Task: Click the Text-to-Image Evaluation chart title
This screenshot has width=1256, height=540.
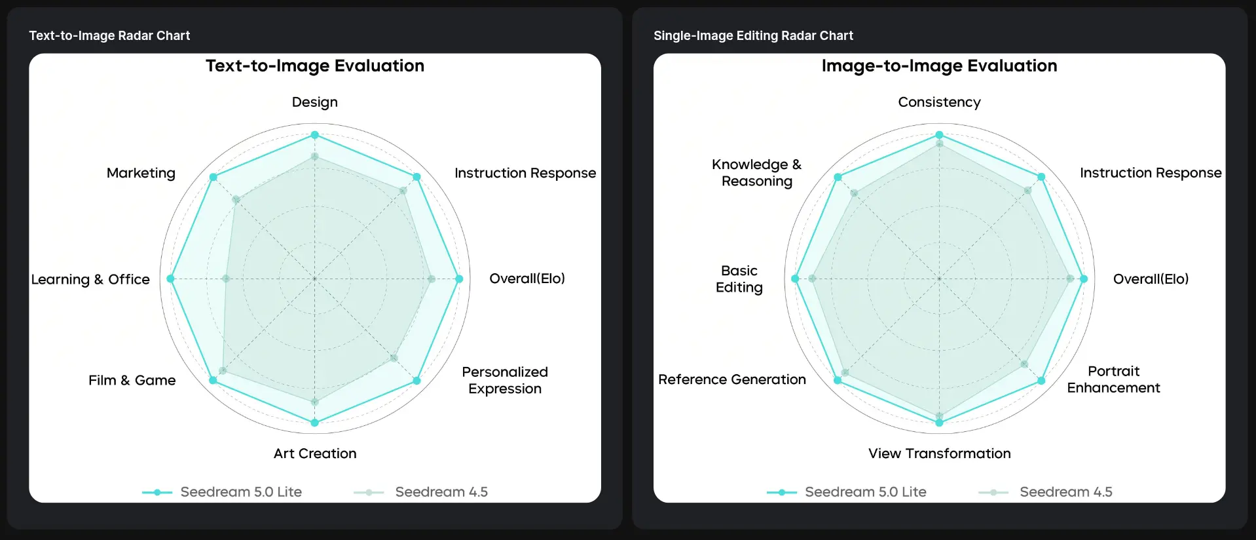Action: tap(315, 66)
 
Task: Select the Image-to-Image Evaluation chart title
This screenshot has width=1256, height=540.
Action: tap(939, 66)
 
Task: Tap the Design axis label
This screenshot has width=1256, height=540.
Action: tap(315, 102)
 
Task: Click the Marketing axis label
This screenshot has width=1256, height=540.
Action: tap(141, 173)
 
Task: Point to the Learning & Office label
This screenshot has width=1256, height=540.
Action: tap(90, 279)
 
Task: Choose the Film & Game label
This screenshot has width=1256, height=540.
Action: tap(132, 380)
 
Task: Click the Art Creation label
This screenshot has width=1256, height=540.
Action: tap(315, 453)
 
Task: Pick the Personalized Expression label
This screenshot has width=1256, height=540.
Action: tap(505, 380)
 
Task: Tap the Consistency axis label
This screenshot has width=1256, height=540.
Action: tap(939, 102)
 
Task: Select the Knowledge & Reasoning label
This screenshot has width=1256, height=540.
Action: tap(757, 173)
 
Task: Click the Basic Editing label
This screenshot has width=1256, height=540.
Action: tap(739, 279)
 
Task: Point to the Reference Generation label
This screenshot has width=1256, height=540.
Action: tap(732, 379)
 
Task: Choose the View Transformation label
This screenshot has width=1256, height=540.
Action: tap(939, 453)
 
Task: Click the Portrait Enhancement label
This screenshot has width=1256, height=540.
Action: tap(1113, 379)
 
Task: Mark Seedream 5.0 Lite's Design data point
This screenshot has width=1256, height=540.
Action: tap(315, 135)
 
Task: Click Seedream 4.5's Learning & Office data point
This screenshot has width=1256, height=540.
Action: tap(226, 279)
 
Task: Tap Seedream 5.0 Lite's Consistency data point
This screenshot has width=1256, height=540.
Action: tap(939, 135)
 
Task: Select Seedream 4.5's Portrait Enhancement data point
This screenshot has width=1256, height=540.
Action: tap(1024, 364)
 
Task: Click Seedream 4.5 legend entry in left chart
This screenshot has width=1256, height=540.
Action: tap(420, 492)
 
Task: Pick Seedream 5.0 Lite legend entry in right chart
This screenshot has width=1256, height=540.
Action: tap(847, 492)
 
